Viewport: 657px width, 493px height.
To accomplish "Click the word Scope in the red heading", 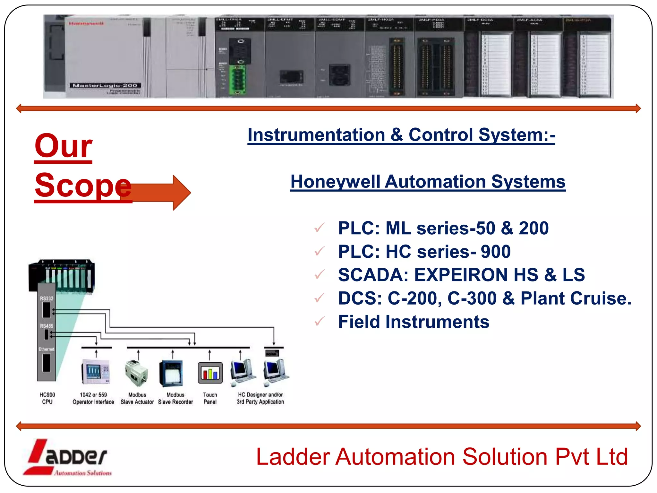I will pos(83,186).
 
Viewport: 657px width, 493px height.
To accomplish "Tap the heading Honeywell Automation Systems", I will pos(428,182).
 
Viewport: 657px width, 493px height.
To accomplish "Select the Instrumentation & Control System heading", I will pos(401,135).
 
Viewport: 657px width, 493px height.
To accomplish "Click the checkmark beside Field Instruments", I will pos(320,321).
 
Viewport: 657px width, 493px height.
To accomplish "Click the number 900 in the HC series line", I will pos(495,252).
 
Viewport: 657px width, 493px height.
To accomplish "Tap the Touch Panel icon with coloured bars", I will pos(210,373).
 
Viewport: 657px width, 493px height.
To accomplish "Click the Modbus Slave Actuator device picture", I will pos(137,373).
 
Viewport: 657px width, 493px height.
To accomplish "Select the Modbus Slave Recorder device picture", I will pos(171,373).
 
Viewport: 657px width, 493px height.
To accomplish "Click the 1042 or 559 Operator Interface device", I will pos(96,372).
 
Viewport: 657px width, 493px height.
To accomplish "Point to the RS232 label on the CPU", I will pos(47,298).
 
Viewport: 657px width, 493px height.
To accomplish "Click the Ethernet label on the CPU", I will pos(47,349).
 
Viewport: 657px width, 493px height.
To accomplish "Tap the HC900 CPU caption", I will pos(47,398).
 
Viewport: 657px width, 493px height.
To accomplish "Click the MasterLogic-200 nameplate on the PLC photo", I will pos(105,85).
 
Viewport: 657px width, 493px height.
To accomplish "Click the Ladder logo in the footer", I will pos(67,457).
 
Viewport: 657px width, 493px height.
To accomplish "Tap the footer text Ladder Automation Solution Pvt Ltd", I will pos(442,457).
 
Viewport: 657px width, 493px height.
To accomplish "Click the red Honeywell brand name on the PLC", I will pos(86,23).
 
